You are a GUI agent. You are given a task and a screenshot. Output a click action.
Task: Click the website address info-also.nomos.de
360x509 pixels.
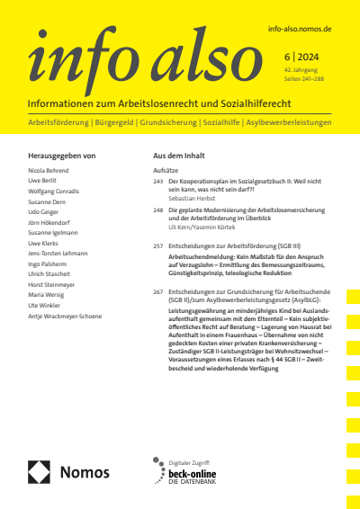[x=301, y=30]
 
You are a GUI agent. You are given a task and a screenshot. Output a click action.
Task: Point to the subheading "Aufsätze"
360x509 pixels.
[x=167, y=169]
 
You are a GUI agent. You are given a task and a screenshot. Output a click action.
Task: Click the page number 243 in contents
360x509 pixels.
[x=158, y=181]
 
